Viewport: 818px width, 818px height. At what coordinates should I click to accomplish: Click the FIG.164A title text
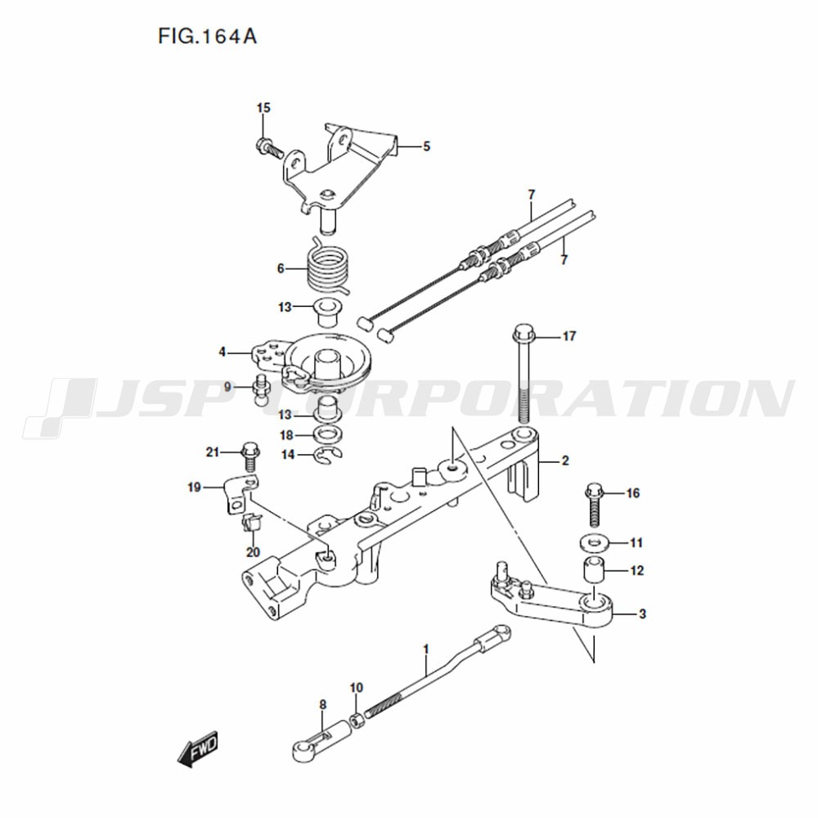[x=208, y=37]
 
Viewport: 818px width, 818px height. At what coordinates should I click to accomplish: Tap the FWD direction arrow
[x=197, y=749]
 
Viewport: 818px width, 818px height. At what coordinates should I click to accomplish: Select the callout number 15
[x=263, y=108]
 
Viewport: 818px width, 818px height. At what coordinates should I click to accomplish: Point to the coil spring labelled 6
[x=327, y=267]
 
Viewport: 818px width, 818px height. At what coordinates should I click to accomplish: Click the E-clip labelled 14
[x=327, y=456]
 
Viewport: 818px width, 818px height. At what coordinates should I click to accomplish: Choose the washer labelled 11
[x=593, y=543]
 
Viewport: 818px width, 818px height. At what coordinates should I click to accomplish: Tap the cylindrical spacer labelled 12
[x=593, y=570]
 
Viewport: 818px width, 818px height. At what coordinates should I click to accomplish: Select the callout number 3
[x=642, y=614]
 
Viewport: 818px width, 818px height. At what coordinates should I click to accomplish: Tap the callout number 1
[x=425, y=649]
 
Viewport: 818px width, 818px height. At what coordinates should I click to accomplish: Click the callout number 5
[x=426, y=146]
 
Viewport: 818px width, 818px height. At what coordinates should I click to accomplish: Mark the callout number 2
[x=565, y=461]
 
